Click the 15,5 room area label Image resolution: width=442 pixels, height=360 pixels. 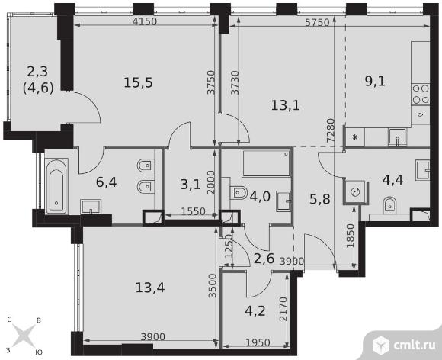click(x=138, y=82)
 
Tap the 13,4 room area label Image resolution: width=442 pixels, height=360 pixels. click(x=150, y=288)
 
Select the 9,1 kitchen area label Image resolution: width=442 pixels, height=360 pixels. click(x=375, y=82)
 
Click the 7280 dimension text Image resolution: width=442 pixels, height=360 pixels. click(x=331, y=130)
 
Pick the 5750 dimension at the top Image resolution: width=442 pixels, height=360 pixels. click(x=318, y=22)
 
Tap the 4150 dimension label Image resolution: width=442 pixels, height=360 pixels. click(x=144, y=21)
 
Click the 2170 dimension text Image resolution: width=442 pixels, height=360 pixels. click(x=283, y=309)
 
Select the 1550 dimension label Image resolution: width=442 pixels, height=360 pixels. click(x=193, y=211)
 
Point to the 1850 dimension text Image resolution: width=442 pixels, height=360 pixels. click(x=350, y=236)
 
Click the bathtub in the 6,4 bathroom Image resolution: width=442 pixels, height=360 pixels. click(x=56, y=186)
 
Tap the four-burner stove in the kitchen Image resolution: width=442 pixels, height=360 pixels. click(x=421, y=95)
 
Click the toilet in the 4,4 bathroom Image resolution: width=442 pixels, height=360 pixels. click(x=390, y=204)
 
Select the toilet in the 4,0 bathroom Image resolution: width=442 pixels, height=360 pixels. click(x=239, y=193)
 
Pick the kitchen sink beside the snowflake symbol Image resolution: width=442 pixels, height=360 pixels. click(x=397, y=137)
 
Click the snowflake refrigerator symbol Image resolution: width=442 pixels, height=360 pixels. click(x=355, y=137)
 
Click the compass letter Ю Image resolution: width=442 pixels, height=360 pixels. click(x=39, y=352)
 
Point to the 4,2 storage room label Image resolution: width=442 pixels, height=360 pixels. click(x=255, y=311)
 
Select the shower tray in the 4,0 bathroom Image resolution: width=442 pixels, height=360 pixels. click(x=266, y=163)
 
